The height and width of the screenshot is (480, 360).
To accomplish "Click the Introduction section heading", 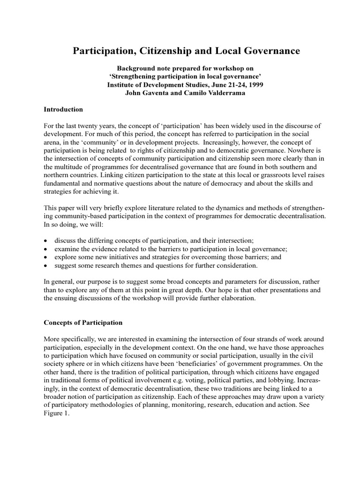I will click(63, 109).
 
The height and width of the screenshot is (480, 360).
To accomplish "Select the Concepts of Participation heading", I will click(83, 322).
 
